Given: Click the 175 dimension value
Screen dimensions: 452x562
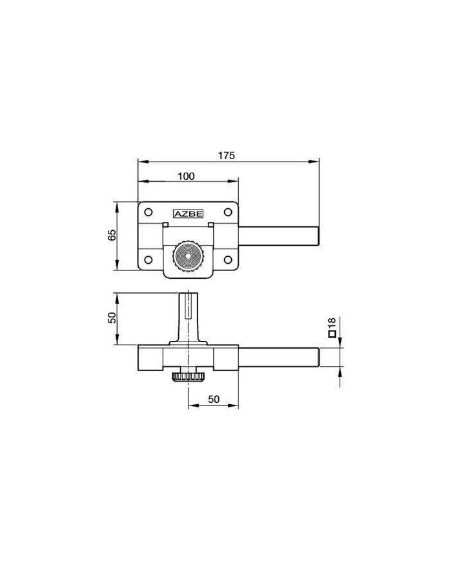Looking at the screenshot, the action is pos(227,156).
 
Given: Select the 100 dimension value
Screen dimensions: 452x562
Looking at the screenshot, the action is pos(186,176).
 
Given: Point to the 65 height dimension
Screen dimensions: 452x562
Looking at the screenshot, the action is pos(112,235).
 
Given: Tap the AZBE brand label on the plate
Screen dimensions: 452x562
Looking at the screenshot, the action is pos(189,214).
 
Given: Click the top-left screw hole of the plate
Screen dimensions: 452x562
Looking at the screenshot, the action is pos(148,212).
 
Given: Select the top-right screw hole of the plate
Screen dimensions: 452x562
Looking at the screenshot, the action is pos(228,212).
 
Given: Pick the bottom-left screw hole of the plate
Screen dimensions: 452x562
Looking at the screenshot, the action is pos(148,259).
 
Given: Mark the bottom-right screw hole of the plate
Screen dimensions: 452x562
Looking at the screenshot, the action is pos(228,259).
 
